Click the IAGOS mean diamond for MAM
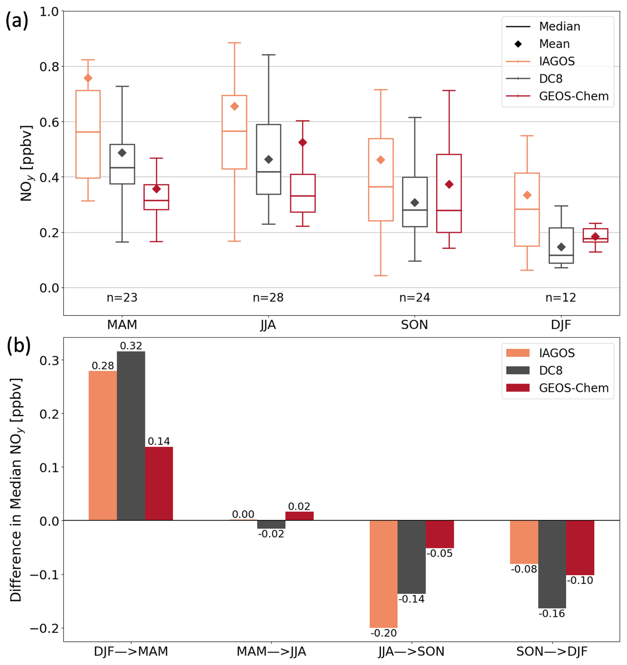(88, 78)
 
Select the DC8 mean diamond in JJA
(268, 159)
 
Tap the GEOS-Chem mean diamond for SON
(449, 184)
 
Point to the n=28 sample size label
(268, 297)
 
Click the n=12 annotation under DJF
(561, 297)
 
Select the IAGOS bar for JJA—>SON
(383, 574)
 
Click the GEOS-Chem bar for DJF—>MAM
(159, 484)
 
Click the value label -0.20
(383, 633)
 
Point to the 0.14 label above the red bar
(159, 441)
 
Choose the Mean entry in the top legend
(554, 44)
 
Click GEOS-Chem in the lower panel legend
(574, 388)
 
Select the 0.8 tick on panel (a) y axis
(49, 67)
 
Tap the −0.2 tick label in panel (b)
(44, 628)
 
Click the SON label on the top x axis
(414, 325)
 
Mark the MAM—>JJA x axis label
(271, 651)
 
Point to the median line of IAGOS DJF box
(527, 209)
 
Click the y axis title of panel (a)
(26, 163)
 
